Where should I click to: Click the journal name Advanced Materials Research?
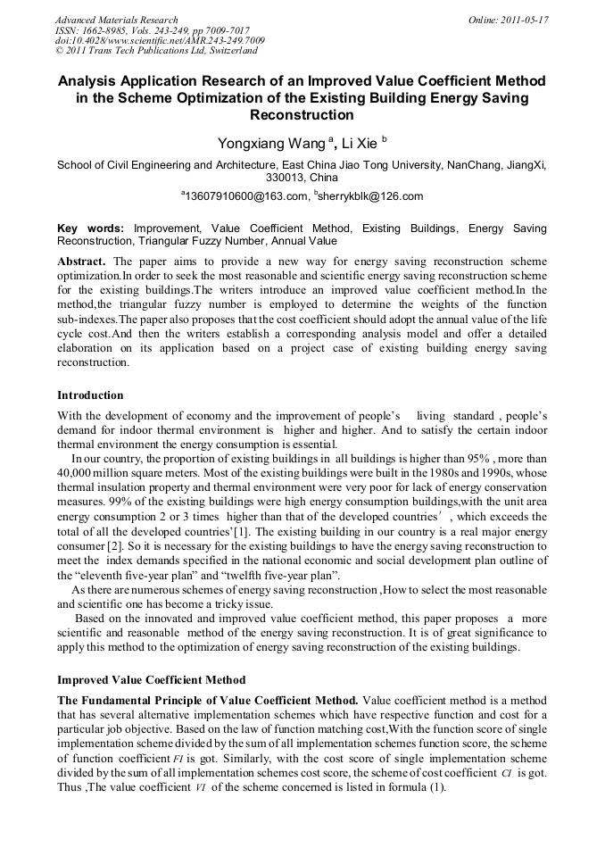tap(116, 20)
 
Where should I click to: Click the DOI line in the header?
tap(160, 41)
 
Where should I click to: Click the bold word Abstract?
tap(83, 262)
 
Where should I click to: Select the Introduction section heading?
tap(90, 395)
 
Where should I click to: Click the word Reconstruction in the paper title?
tap(302, 115)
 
